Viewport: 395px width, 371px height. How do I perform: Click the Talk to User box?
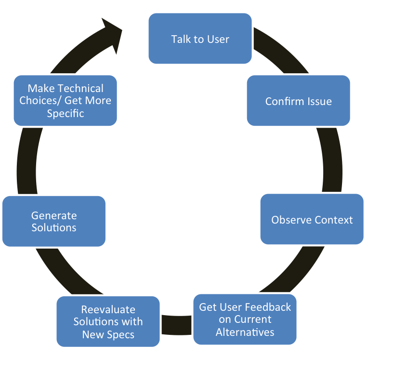(200, 39)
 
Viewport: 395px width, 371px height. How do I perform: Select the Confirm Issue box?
(298, 101)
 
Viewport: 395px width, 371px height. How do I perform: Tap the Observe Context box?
(312, 219)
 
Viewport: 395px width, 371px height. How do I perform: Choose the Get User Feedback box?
(245, 319)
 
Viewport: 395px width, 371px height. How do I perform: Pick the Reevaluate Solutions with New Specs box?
(108, 322)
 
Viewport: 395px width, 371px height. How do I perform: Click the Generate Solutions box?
(54, 221)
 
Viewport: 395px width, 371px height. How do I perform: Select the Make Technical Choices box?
(65, 101)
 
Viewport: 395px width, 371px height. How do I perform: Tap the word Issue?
(319, 102)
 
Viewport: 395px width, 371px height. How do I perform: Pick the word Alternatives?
(245, 332)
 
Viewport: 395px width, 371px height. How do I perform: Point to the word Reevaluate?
(108, 309)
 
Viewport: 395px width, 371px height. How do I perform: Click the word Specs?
(122, 334)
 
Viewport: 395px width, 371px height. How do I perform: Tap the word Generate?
(54, 215)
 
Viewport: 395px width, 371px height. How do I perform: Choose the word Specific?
(65, 114)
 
